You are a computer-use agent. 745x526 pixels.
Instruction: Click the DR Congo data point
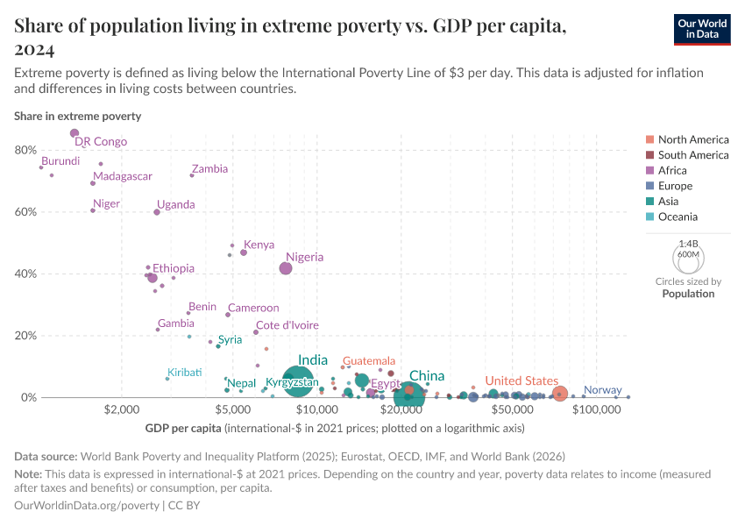tap(74, 133)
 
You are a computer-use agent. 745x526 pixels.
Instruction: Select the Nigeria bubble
tap(286, 268)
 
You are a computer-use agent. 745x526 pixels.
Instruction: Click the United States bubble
tap(560, 394)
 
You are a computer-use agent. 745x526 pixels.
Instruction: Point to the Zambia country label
tap(209, 169)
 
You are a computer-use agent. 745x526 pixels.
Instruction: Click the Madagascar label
tap(123, 176)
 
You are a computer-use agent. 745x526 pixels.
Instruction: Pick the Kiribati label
tap(185, 373)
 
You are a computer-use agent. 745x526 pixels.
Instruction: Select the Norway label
tap(602, 390)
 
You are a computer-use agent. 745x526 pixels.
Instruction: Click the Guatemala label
tap(368, 361)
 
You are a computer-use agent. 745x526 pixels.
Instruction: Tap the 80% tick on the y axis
tap(25, 151)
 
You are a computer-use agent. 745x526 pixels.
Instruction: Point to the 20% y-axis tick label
tap(25, 336)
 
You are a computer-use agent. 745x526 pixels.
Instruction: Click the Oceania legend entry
tap(678, 217)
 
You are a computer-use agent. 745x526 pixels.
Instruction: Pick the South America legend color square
tap(649, 155)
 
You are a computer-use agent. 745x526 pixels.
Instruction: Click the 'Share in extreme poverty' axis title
tap(77, 116)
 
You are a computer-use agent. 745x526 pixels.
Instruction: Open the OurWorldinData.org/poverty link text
tap(87, 506)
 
